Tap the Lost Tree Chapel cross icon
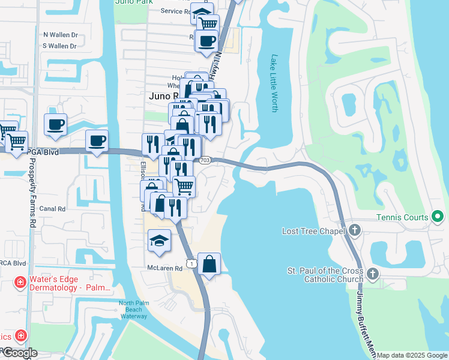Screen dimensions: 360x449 point(355,230)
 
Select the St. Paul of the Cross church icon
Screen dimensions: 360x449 point(373,274)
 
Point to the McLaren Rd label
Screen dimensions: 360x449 point(164,268)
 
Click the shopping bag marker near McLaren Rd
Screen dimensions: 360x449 point(209,264)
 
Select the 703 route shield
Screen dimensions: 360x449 point(205,160)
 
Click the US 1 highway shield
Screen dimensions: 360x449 point(191,263)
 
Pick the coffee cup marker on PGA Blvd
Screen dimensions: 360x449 point(97,141)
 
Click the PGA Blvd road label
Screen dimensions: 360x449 point(43,152)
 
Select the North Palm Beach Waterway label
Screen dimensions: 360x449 point(133,309)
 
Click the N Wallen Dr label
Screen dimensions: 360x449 point(60,35)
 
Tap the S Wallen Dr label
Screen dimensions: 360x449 point(60,46)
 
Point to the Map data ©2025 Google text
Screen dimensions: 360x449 point(412,355)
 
